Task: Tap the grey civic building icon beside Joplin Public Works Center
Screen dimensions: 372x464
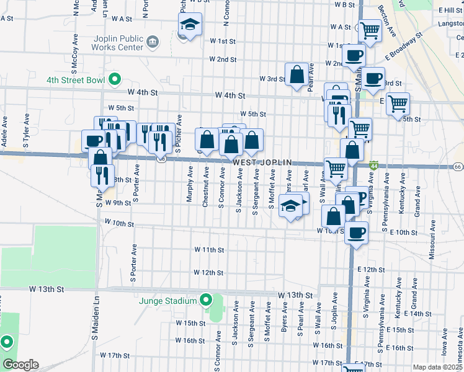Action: (153, 42)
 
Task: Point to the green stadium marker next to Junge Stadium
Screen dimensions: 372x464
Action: (207, 301)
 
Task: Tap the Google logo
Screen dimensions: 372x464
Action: (20, 365)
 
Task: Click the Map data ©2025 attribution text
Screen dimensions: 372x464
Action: (437, 367)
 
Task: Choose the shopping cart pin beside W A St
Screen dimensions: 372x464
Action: (370, 29)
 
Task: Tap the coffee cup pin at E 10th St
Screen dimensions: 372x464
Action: (355, 233)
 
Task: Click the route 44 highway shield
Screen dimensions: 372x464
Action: (373, 166)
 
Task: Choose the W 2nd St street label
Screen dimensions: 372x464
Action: (223, 60)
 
